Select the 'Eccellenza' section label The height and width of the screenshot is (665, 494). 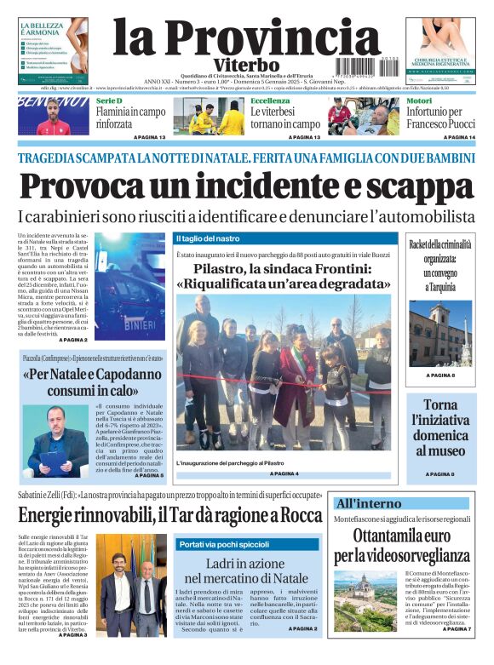pyautogui.click(x=270, y=100)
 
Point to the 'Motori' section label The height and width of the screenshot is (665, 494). pyautogui.click(x=419, y=100)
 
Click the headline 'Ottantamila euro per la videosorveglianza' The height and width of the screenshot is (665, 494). pyautogui.click(x=401, y=545)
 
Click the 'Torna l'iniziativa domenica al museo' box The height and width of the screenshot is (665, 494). pyautogui.click(x=439, y=428)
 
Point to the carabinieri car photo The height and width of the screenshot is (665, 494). pyautogui.click(x=131, y=286)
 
